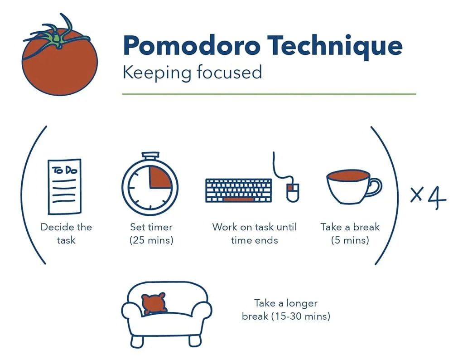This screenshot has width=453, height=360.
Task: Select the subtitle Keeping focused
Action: coord(192,72)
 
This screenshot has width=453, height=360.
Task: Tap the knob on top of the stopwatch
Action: coord(150,156)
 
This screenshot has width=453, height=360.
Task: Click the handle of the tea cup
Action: coord(375,186)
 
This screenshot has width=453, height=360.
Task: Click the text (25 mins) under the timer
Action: coord(151,240)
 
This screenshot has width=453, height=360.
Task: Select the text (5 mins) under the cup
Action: coord(350,240)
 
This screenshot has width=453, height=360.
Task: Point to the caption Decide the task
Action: coord(66,233)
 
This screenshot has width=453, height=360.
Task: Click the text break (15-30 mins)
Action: coord(286,316)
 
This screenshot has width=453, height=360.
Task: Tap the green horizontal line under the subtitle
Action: coord(269,94)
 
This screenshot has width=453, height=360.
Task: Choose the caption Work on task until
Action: coord(254,227)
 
